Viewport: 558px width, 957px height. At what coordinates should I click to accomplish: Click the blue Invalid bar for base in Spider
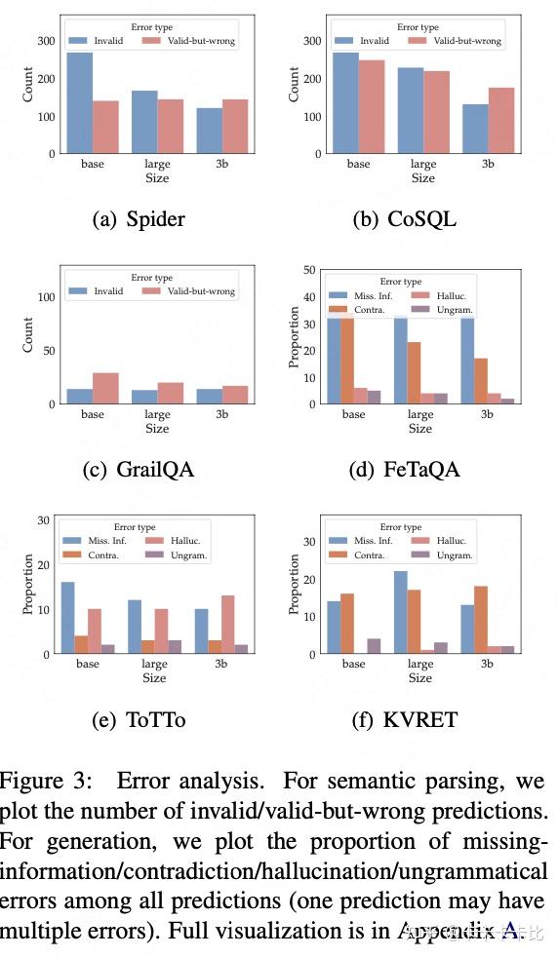click(80, 103)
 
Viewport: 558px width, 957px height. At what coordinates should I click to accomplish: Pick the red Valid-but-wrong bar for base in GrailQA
click(106, 388)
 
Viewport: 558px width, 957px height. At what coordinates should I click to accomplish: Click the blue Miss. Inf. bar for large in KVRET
click(400, 612)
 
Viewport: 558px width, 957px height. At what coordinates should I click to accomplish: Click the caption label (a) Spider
click(139, 219)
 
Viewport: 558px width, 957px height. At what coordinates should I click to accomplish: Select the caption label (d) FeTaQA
click(404, 471)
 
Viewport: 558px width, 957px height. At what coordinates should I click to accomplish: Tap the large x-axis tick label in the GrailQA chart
click(157, 414)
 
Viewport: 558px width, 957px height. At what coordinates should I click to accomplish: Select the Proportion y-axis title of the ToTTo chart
click(29, 584)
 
